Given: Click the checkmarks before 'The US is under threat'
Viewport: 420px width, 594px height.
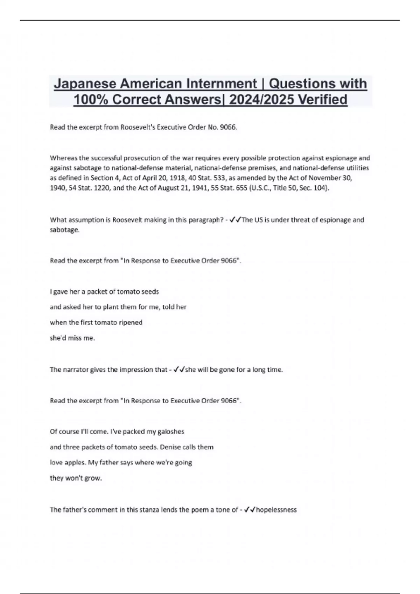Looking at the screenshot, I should (236, 220).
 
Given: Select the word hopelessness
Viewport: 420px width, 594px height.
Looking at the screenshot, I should (276, 510).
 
